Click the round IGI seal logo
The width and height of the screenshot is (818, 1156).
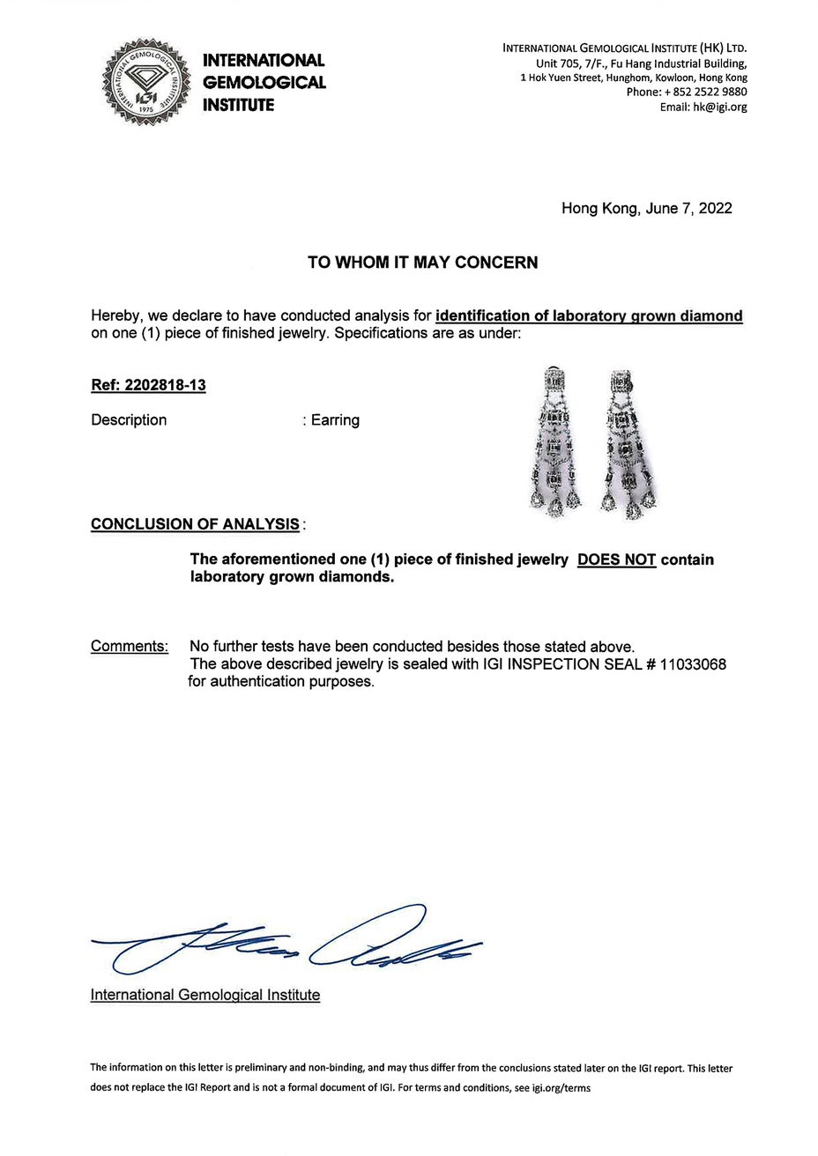point(148,82)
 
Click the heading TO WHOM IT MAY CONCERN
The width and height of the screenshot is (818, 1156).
point(422,263)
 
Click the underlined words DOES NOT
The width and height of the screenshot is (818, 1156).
point(616,560)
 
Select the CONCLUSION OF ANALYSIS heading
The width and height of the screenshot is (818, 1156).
point(195,524)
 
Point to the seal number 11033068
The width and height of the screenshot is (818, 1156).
point(693,664)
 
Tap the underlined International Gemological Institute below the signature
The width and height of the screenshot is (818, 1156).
point(205,995)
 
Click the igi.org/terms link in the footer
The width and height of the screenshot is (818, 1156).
point(556,1088)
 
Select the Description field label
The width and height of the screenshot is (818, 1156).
point(129,420)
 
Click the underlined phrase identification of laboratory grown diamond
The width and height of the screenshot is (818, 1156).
point(589,316)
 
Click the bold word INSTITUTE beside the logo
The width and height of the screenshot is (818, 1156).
point(238,106)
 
